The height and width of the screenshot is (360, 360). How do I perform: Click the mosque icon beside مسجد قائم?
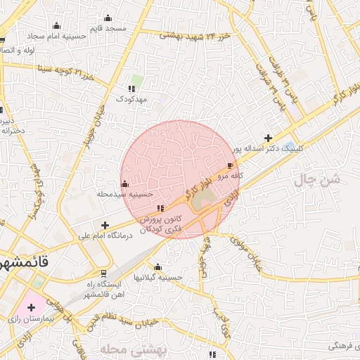[108, 18]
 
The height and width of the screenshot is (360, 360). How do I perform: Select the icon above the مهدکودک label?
[131, 89]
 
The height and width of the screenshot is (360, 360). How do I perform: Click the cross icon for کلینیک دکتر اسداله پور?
[268, 138]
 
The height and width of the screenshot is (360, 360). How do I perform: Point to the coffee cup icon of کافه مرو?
[231, 166]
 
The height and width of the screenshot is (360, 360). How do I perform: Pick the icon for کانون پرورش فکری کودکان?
[161, 207]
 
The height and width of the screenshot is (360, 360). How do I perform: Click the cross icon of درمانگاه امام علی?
[105, 226]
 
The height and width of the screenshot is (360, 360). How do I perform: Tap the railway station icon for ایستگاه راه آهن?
[104, 273]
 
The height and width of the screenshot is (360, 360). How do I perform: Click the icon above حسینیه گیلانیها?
[157, 267]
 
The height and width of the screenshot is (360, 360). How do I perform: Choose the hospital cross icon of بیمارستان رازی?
[31, 307]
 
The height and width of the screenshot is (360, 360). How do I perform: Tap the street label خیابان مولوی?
[247, 260]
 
